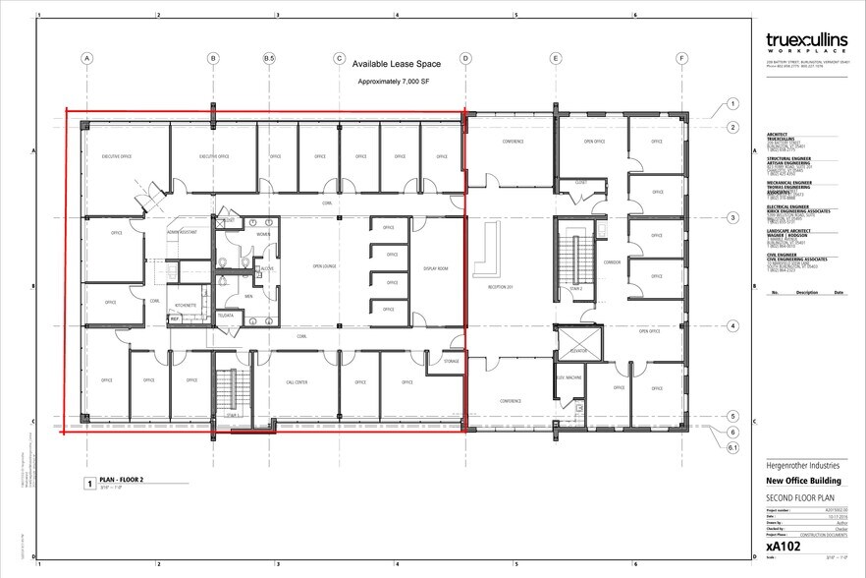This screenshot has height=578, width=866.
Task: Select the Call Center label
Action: [x=298, y=381]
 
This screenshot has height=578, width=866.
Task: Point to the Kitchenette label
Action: [x=186, y=305]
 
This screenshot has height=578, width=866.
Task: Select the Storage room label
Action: [x=451, y=362]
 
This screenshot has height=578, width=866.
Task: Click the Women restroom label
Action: [x=263, y=234]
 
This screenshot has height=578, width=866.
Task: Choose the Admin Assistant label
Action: [x=184, y=230]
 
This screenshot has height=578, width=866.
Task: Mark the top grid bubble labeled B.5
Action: [x=269, y=59]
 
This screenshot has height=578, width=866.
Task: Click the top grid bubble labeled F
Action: [x=681, y=59]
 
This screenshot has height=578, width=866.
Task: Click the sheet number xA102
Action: [x=783, y=545]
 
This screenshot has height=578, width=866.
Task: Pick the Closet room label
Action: [x=580, y=182]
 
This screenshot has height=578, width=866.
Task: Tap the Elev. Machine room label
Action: [x=569, y=377]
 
